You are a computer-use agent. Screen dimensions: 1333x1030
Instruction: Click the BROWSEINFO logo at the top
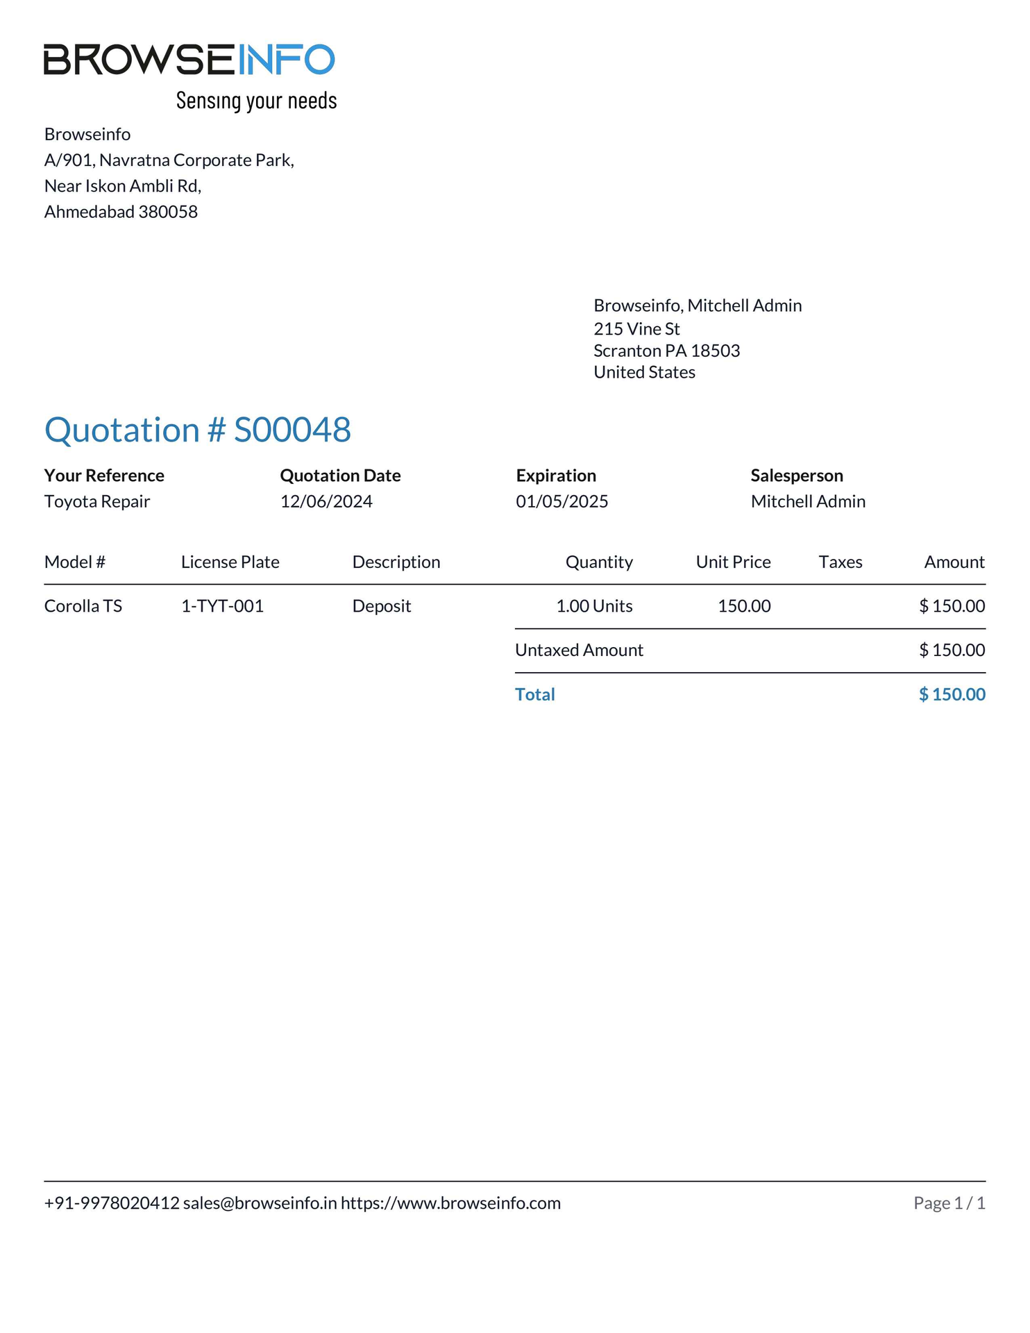[189, 60]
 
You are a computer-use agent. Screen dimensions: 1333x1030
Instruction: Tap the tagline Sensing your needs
[256, 101]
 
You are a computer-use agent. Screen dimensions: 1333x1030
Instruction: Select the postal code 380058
[168, 212]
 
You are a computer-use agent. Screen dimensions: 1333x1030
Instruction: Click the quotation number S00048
[292, 430]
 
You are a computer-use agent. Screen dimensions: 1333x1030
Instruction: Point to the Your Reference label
[104, 476]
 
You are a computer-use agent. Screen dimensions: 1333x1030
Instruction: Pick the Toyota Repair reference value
[97, 501]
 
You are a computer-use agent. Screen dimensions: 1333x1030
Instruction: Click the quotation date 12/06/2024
[326, 501]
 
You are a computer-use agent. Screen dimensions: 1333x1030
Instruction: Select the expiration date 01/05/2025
[562, 501]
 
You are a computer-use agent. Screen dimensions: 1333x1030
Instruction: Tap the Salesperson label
[797, 476]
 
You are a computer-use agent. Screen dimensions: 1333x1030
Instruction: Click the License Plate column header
[230, 562]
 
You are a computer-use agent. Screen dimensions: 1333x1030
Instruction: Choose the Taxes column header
[840, 562]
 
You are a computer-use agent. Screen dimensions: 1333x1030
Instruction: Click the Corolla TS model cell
[83, 606]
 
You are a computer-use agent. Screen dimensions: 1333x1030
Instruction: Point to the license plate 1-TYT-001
[222, 606]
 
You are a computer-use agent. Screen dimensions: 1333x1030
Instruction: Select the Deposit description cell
[382, 606]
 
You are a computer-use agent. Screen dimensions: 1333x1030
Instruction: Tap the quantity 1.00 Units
[594, 606]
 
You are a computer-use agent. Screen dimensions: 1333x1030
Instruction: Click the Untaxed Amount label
[579, 650]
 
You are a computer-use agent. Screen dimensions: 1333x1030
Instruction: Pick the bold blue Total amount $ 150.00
[952, 694]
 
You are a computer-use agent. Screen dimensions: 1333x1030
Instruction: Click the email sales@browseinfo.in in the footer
[260, 1203]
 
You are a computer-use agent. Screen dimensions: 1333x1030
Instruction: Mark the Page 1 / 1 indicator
[949, 1203]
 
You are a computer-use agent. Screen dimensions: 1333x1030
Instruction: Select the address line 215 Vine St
[636, 328]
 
